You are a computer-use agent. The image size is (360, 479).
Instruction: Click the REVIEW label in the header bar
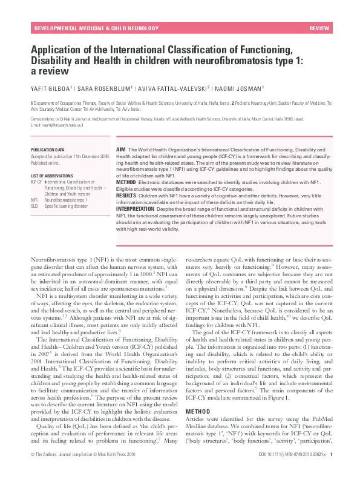click(319, 28)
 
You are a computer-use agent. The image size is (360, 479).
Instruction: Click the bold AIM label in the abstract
click(121, 149)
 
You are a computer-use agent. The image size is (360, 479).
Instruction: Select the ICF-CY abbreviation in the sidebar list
click(36, 182)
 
